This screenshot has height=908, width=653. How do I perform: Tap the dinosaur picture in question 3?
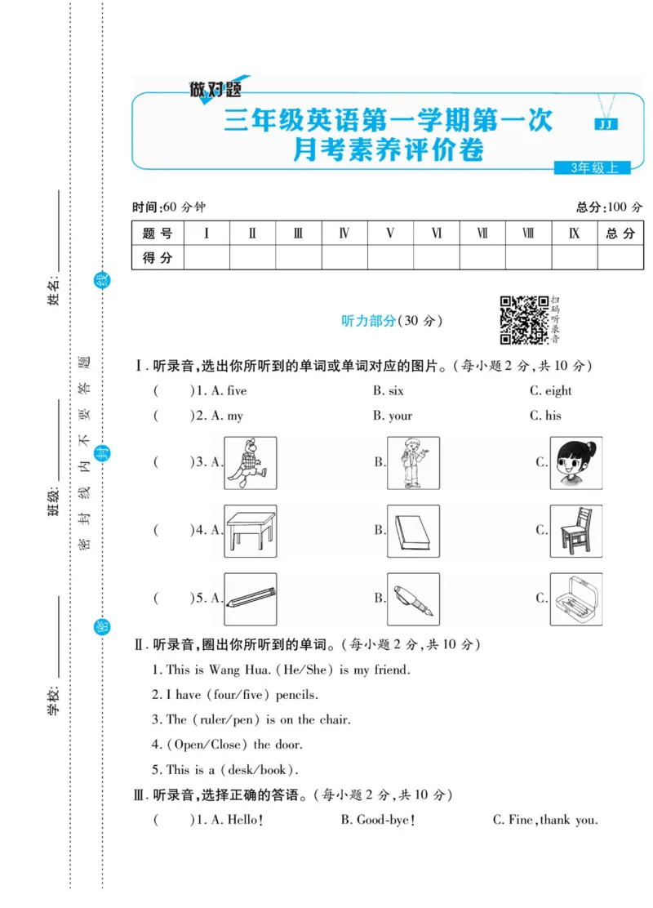[250, 463]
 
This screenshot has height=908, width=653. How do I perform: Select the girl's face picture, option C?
[576, 463]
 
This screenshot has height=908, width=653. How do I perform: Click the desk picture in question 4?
[250, 531]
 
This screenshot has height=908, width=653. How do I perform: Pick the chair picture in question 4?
[576, 531]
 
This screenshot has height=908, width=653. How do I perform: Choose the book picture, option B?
[413, 531]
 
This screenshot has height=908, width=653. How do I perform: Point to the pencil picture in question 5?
[250, 599]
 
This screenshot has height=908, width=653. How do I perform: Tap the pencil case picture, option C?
[576, 599]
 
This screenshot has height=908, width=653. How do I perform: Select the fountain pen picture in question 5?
[413, 599]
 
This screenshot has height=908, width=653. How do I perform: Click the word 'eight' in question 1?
[558, 391]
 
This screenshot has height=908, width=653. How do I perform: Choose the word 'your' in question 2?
[400, 416]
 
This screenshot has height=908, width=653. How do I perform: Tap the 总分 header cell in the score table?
[620, 234]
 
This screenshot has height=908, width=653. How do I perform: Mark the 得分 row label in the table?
[158, 258]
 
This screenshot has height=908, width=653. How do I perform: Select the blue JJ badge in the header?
[605, 124]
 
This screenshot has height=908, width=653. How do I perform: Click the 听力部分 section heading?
[367, 321]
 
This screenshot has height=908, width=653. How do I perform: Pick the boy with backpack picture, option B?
[413, 463]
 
